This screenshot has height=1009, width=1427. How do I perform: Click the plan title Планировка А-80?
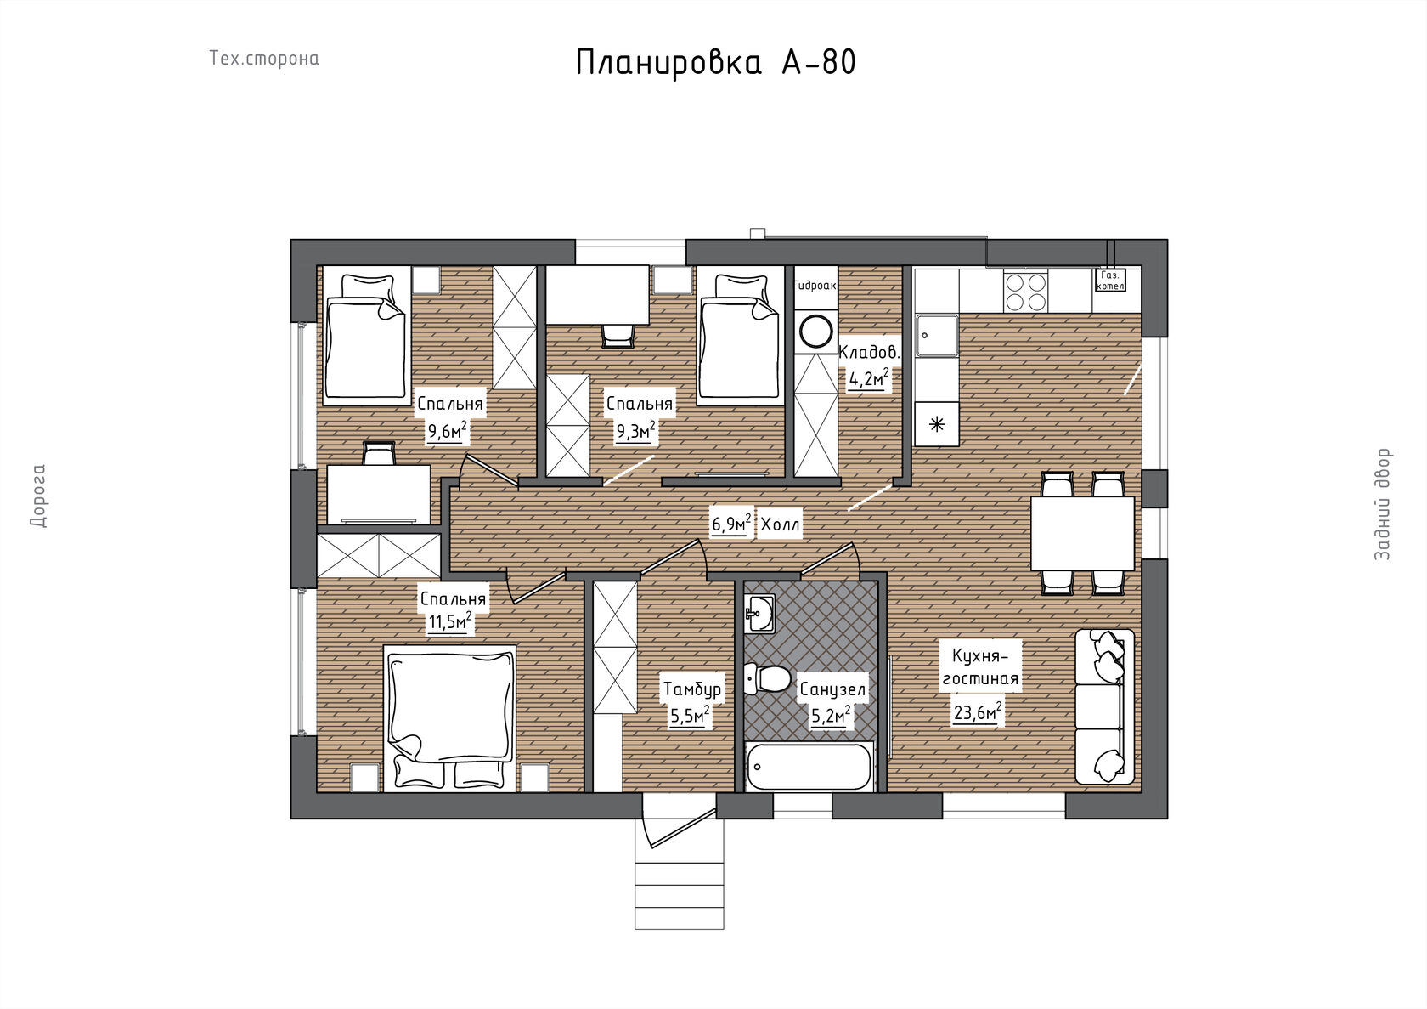pyautogui.click(x=715, y=63)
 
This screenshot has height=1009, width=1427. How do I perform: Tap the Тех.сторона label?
pyautogui.click(x=264, y=59)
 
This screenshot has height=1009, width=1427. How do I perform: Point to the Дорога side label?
pyautogui.click(x=38, y=496)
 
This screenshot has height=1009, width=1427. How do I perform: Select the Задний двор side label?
pyautogui.click(x=1383, y=504)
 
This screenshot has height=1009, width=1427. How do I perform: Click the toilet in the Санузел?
pyautogui.click(x=768, y=679)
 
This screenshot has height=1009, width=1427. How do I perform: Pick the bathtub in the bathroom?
pyautogui.click(x=809, y=767)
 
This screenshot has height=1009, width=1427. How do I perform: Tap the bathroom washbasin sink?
pyautogui.click(x=759, y=613)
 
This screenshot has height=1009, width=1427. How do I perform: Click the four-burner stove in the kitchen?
pyautogui.click(x=1025, y=292)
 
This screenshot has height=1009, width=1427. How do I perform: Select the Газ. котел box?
pyautogui.click(x=1110, y=281)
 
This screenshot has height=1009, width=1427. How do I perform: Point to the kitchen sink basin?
pyautogui.click(x=936, y=335)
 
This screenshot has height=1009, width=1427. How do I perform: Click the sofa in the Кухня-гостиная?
pyautogui.click(x=1104, y=706)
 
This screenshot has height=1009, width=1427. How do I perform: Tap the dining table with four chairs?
pyautogui.click(x=1082, y=534)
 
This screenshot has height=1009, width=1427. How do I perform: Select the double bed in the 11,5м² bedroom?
pyautogui.click(x=450, y=718)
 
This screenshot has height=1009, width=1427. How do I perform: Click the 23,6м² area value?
pyautogui.click(x=978, y=712)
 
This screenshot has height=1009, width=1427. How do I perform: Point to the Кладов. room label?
pyautogui.click(x=869, y=353)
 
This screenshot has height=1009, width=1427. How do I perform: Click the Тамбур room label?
pyautogui.click(x=692, y=689)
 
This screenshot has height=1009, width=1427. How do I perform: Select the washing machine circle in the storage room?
pyautogui.click(x=816, y=332)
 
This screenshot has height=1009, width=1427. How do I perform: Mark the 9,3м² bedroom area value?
pyautogui.click(x=635, y=431)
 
